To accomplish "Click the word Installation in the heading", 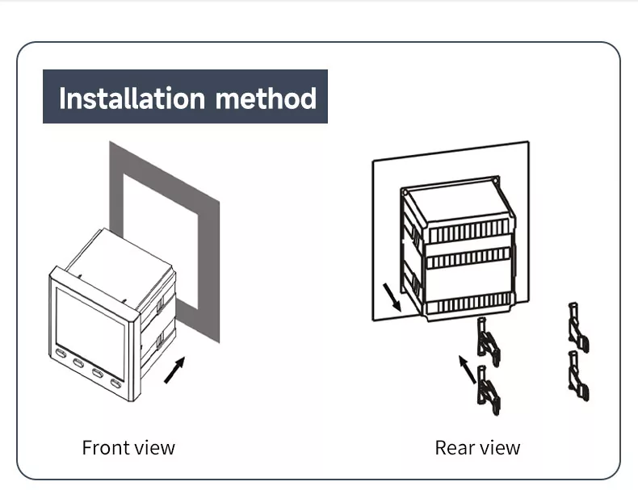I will pos(132,98).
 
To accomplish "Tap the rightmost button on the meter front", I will pos(116,383).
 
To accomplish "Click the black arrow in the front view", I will pos(174,370).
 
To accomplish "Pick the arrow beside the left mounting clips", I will pos(467,369).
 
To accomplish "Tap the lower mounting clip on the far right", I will pos(578,376).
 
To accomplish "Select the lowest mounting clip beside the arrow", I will pos(487,390).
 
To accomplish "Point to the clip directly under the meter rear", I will pos(487,340).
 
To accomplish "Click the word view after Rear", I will pos(501,447).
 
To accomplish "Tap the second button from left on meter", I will pos(78,363).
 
